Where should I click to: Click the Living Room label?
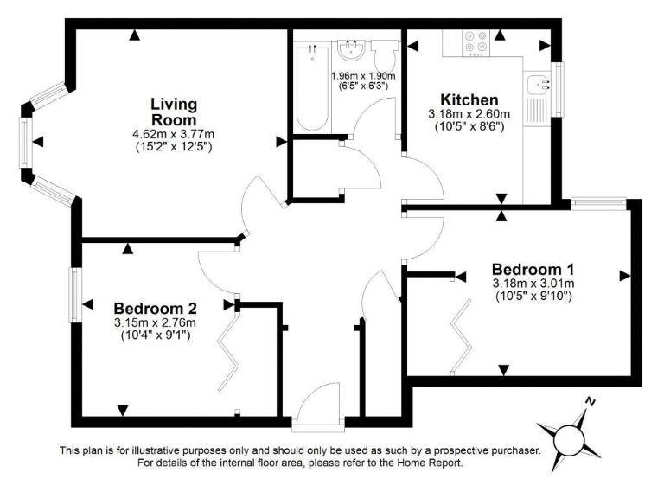pos(174,112)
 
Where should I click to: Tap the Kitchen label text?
pos(469,99)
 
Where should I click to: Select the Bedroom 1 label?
pos(533,268)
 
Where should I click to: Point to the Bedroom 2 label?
pos(156,308)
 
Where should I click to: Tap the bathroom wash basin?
pos(351,51)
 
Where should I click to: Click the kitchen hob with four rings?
pos(475,43)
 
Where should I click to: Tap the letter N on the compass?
pos(591,402)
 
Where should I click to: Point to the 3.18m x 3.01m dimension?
pos(533,283)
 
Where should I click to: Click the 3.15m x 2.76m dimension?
pos(156,322)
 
